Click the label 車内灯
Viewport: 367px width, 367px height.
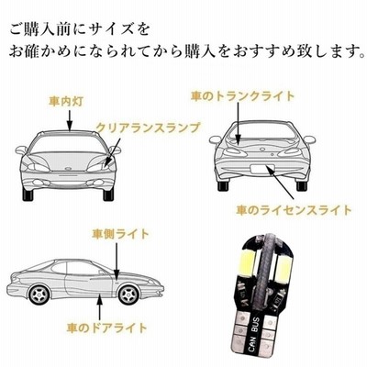66,102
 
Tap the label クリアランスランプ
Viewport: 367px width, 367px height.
148,128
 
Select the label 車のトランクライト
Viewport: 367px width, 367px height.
243,96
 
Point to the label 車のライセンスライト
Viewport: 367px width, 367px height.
295,210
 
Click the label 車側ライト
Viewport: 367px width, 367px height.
121,234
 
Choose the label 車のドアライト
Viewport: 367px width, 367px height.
107,328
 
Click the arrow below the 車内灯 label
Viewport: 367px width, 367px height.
70,120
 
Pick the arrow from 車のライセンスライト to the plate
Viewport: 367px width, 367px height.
282,183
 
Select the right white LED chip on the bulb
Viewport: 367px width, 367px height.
282,269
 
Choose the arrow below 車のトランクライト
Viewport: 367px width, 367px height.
239,123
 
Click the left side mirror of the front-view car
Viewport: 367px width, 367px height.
21,150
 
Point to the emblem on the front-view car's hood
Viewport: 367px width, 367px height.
68,168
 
